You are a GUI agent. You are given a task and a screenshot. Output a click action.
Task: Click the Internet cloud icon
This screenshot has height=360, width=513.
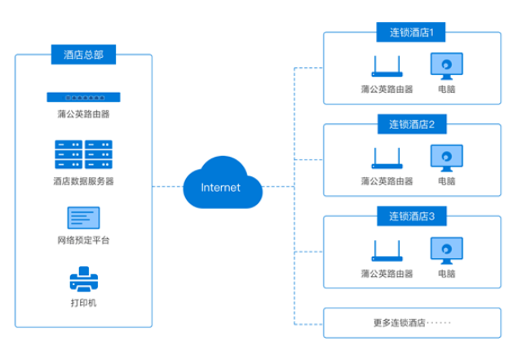coord(221,186)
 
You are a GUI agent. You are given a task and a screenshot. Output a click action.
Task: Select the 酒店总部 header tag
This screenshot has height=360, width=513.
coord(83,56)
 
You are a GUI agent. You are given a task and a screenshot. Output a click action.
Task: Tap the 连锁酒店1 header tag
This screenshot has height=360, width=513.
coord(411,33)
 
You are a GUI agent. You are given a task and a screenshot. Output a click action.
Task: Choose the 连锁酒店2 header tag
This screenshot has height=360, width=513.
coord(411,125)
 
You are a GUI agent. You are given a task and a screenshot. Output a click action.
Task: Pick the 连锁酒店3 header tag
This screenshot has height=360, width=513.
coord(411,216)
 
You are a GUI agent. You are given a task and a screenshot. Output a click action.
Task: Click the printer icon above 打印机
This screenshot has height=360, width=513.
coord(83,280)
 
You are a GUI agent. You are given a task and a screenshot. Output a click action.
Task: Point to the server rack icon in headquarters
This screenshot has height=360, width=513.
coord(83,155)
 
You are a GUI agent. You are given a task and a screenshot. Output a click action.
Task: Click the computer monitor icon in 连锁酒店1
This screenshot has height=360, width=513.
coord(446,65)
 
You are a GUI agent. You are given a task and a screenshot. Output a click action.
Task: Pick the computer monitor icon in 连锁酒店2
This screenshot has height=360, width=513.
coord(446,157)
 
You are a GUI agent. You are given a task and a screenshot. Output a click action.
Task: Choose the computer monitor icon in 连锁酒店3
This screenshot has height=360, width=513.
coord(446,249)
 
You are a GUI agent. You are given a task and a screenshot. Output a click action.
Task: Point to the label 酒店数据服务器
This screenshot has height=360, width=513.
coord(83,180)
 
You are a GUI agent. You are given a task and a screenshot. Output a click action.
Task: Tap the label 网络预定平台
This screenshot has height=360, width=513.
coord(83,241)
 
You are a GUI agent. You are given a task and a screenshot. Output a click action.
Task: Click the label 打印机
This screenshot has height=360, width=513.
coord(83,304)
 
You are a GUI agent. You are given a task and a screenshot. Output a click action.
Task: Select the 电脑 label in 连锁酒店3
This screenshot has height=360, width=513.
coord(446,273)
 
